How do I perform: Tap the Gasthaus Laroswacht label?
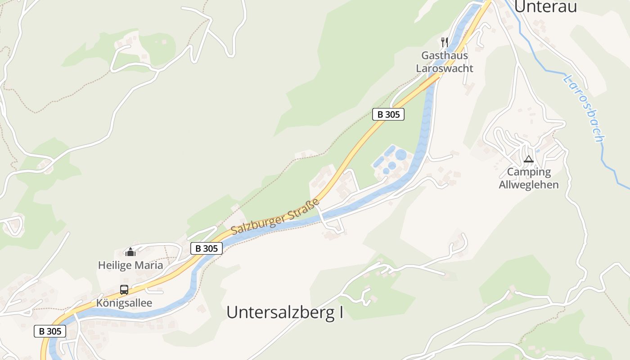(444, 62)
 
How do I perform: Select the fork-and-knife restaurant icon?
(445, 42)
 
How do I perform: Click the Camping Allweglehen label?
(529, 178)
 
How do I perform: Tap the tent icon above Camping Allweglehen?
(528, 159)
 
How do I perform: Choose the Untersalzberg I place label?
(284, 312)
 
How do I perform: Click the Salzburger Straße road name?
(275, 216)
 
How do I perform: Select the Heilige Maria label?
(130, 265)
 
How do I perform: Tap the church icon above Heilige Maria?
(130, 252)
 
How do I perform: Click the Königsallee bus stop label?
(124, 303)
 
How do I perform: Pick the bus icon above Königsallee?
(124, 289)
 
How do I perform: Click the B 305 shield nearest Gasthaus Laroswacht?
(388, 114)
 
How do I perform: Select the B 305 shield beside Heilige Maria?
(207, 248)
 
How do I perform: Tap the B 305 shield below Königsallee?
(50, 331)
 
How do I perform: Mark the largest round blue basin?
(400, 155)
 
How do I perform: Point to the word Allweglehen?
(529, 184)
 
